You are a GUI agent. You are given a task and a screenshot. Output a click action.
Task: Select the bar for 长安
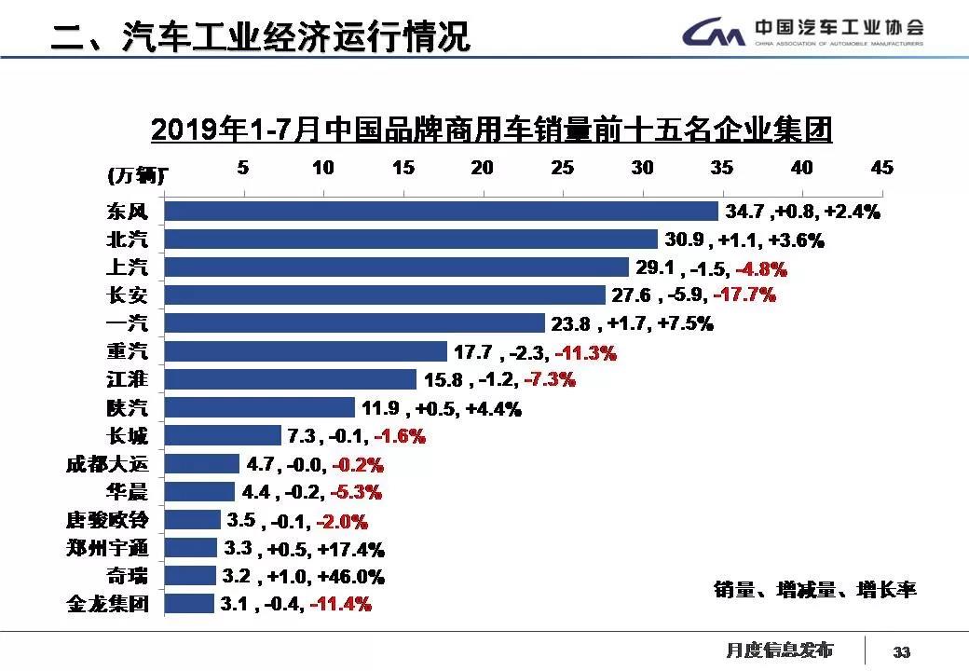pyautogui.click(x=385, y=295)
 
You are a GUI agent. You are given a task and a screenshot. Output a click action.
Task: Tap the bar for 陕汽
pyautogui.click(x=259, y=407)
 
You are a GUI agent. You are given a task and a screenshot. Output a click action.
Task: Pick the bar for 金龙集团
pyautogui.click(x=189, y=603)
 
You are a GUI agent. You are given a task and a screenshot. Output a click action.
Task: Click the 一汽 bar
pyautogui.click(x=354, y=323)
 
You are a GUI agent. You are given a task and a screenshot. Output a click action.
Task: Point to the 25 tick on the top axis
pyautogui.click(x=563, y=168)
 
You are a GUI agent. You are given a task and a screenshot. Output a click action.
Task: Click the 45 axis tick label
pyautogui.click(x=881, y=168)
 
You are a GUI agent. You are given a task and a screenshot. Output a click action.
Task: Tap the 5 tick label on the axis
pyautogui.click(x=243, y=168)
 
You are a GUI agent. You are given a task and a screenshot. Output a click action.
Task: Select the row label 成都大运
pyautogui.click(x=108, y=463)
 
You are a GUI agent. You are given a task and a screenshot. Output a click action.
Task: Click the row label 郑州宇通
pyautogui.click(x=108, y=547)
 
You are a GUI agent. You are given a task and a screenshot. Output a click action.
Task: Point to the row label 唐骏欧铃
pyautogui.click(x=108, y=519)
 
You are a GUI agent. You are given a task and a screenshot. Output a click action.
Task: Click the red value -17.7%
pyautogui.click(x=744, y=295)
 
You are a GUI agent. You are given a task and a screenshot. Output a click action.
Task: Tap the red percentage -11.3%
pyautogui.click(x=586, y=352)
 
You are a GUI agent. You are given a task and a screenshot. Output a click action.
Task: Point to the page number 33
pyautogui.click(x=902, y=651)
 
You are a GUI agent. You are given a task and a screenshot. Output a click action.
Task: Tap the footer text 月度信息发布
pyautogui.click(x=779, y=650)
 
